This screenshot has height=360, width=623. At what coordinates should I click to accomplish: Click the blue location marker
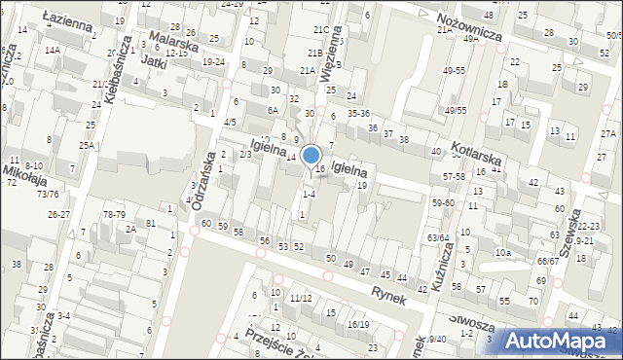311,156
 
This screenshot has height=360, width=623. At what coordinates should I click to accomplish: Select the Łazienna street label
67,19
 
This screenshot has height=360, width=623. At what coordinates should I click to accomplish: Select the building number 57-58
453,176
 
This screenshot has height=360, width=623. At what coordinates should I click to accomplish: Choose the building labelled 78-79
115,214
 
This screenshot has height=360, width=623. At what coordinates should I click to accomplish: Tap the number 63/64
438,237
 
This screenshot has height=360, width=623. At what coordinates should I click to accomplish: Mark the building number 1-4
308,194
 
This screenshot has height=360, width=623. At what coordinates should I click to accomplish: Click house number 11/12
300,298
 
